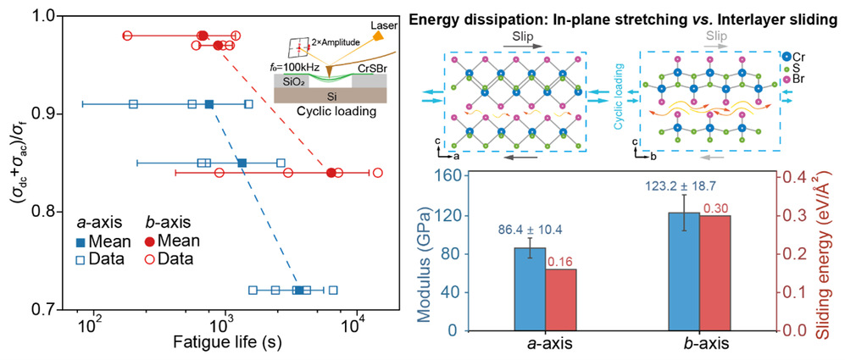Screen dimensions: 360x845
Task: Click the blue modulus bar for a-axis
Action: [x=531, y=289]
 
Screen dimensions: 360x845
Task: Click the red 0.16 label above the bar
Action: [x=560, y=262]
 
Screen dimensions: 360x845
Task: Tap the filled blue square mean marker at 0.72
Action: [x=298, y=291]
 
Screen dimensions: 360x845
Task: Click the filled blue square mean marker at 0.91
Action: [x=209, y=104]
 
